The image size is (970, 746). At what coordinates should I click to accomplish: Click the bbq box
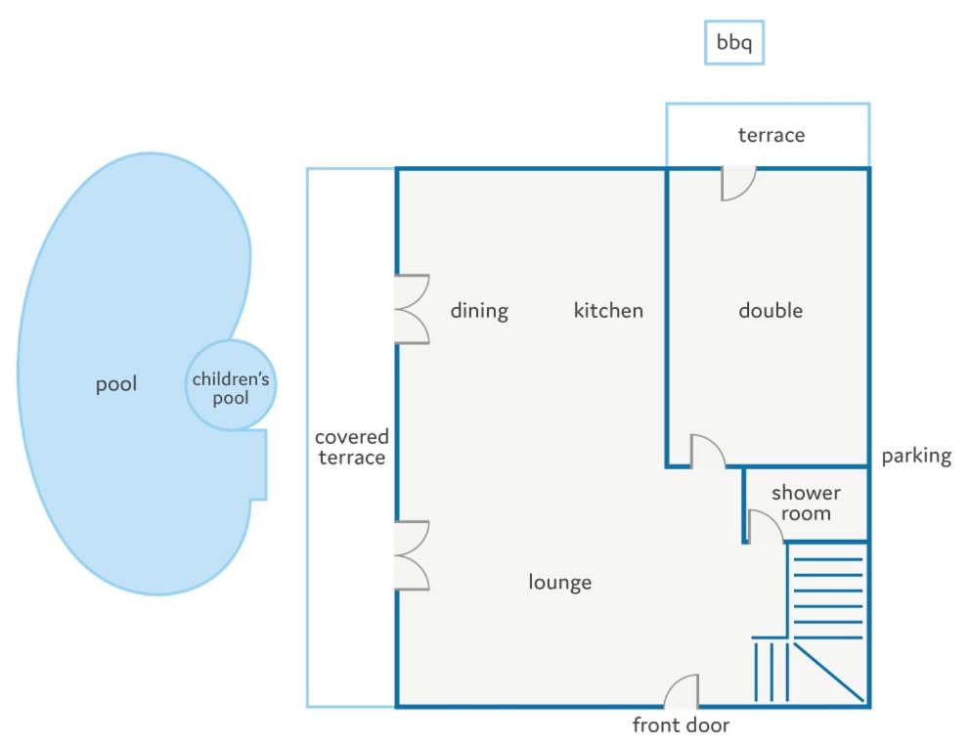(734, 42)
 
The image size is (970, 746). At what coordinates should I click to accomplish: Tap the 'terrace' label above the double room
(772, 135)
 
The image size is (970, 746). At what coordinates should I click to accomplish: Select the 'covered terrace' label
(351, 447)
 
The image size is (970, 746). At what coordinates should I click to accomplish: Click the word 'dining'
(479, 310)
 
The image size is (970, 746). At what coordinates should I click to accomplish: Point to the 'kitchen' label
(608, 310)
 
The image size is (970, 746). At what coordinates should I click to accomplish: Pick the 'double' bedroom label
(771, 310)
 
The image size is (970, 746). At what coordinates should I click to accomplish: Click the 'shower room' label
(806, 503)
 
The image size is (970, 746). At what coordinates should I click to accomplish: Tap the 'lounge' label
(560, 582)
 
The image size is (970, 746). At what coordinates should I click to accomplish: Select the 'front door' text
(681, 724)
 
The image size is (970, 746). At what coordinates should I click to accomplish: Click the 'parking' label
(916, 456)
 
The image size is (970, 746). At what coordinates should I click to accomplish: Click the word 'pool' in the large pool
(115, 384)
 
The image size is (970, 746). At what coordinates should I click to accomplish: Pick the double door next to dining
(413, 309)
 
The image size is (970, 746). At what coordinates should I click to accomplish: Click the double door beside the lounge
(413, 555)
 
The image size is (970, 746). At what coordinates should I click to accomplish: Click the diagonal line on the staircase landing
(829, 673)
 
